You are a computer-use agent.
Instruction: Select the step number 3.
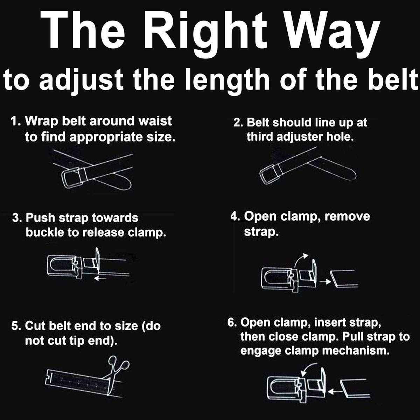[16, 218]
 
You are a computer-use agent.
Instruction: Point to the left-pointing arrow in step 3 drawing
[102, 278]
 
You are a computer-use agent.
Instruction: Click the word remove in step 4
[347, 216]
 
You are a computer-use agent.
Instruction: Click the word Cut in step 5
[34, 326]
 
